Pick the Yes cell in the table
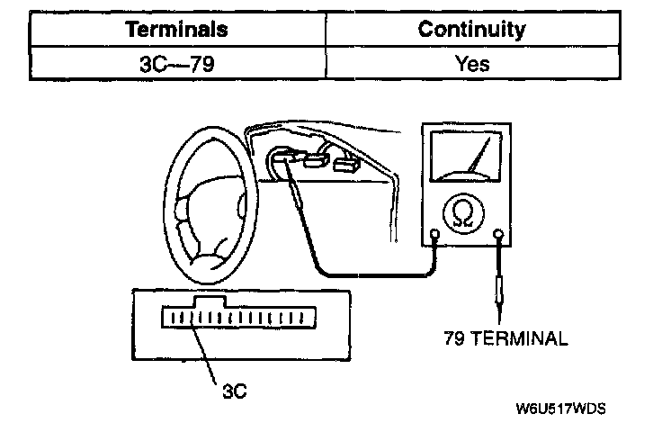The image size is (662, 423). click(471, 64)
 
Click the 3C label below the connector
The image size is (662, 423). click(233, 391)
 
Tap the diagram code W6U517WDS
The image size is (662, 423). click(560, 407)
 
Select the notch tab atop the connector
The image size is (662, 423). click(212, 301)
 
